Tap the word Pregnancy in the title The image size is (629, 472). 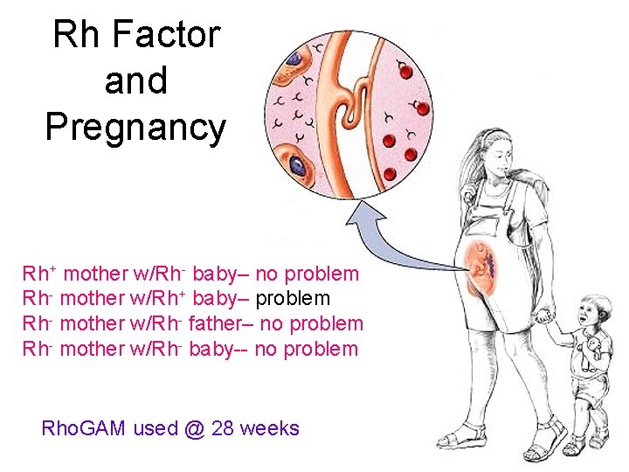point(135,127)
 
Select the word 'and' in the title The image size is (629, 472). point(135,81)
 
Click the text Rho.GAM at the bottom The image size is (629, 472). point(84,428)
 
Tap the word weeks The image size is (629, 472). point(269,428)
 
